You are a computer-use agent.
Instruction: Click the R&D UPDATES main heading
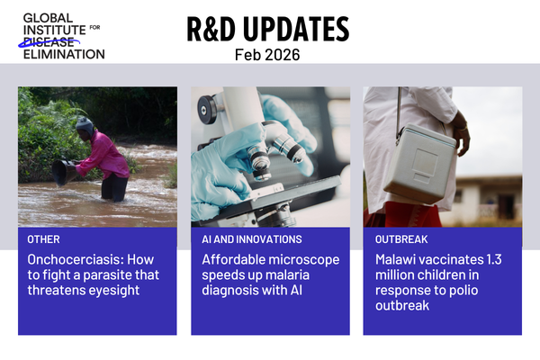(x=267, y=29)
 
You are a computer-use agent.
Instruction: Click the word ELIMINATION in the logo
(x=63, y=54)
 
